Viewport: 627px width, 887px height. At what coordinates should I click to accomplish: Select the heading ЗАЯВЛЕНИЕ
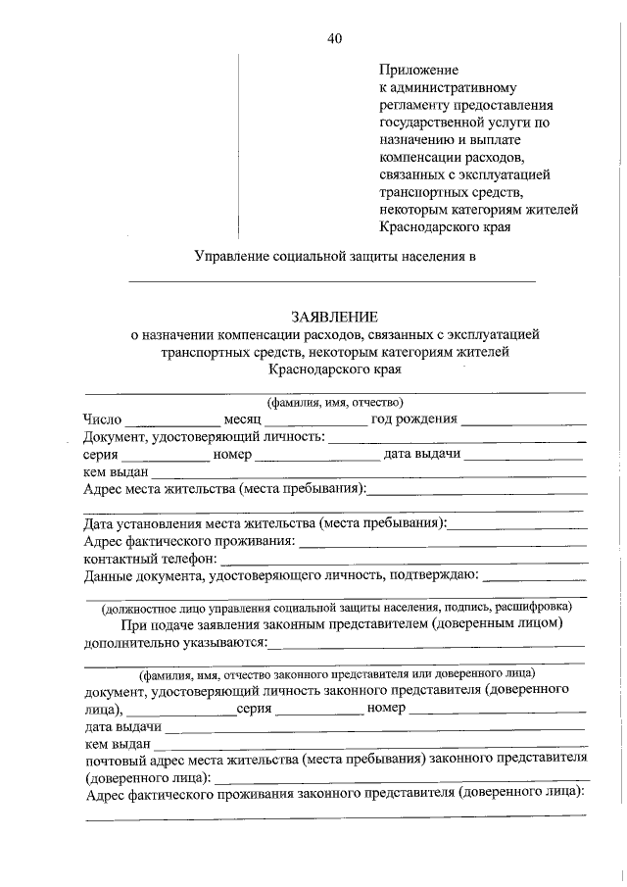coord(333,317)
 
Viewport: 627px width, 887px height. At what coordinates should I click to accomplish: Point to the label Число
coord(103,419)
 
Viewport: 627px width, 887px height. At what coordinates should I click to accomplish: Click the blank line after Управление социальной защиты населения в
coord(333,281)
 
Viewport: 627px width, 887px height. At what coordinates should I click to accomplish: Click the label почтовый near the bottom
coord(113,759)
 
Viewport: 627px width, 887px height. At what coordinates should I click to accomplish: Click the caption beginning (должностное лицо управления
coord(336,607)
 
